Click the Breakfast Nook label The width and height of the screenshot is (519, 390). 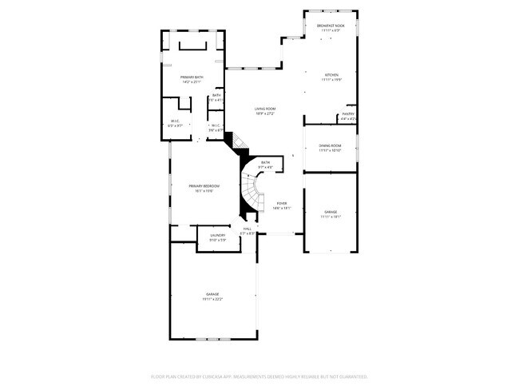click(331, 26)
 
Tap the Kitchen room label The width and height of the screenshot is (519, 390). click(331, 75)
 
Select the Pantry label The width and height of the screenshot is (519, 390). click(348, 113)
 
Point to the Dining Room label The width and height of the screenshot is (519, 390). click(331, 145)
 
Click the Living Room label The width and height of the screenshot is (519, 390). click(265, 109)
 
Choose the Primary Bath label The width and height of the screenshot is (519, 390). click(192, 77)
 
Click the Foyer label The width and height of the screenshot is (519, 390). click(281, 203)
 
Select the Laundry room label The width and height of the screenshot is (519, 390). click(218, 235)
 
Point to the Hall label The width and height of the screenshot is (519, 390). click(247, 229)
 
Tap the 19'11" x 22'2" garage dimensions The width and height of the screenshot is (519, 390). click(212, 299)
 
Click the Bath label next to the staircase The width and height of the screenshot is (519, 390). click(265, 162)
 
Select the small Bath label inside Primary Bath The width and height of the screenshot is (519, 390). click(216, 95)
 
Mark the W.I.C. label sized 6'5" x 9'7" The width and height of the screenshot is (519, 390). click(176, 125)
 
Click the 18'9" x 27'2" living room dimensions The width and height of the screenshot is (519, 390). click(265, 113)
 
